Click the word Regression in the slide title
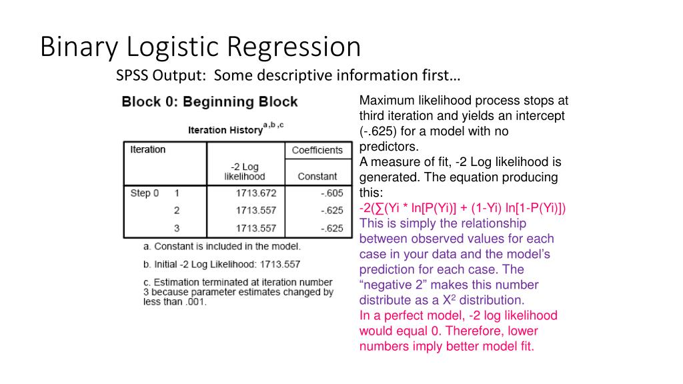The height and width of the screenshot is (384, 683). (x=293, y=48)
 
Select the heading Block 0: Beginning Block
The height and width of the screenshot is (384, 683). (x=209, y=102)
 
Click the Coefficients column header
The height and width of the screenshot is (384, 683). (x=317, y=150)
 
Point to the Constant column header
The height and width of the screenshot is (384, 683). (x=317, y=177)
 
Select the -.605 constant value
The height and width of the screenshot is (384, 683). (x=331, y=193)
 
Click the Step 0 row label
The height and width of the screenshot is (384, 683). (x=145, y=193)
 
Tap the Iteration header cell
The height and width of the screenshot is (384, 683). (x=147, y=150)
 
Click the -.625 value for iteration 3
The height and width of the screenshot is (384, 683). (x=331, y=228)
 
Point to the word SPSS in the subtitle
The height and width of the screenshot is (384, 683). (x=132, y=75)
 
